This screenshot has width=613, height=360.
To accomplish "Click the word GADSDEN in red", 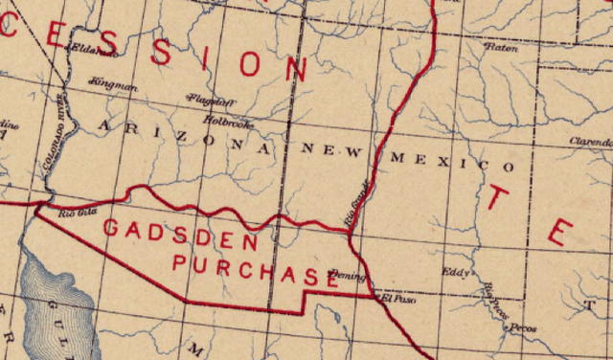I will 180,234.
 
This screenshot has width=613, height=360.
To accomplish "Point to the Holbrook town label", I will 228,121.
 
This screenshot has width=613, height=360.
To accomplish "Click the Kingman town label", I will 113,85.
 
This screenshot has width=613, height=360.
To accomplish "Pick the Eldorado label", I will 87,49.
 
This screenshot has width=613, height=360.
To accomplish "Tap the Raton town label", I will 501,46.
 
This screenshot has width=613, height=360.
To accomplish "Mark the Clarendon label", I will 590,141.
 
